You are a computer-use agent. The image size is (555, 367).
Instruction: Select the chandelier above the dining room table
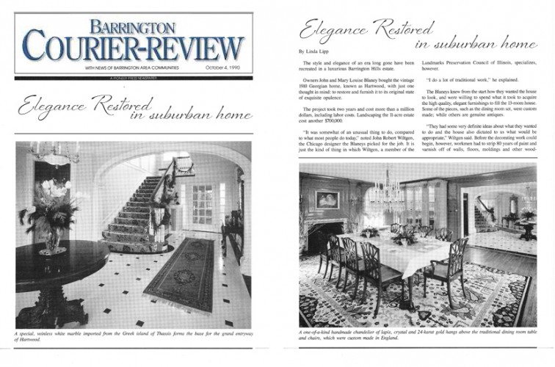[385, 184]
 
